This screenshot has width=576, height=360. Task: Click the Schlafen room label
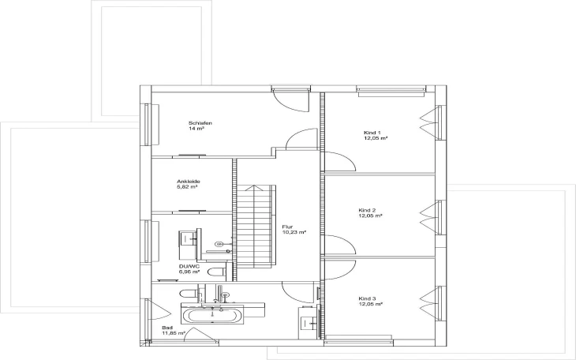tap(200, 123)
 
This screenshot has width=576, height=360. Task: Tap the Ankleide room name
tap(188, 182)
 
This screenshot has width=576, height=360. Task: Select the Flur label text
tap(287, 227)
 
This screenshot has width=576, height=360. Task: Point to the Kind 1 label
tap(372, 133)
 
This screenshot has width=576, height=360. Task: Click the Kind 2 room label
tap(367, 210)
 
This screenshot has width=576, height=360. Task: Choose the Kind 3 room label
tap(367, 298)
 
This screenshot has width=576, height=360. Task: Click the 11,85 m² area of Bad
tap(174, 333)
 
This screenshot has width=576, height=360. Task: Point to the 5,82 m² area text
tap(187, 187)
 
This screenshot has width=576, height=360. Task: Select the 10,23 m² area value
tap(294, 232)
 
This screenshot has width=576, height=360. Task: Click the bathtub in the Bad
tap(212, 316)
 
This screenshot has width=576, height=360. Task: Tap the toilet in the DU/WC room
tap(217, 272)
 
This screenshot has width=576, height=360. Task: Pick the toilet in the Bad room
tap(190, 294)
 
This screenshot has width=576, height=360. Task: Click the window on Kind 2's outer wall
tap(439, 217)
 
